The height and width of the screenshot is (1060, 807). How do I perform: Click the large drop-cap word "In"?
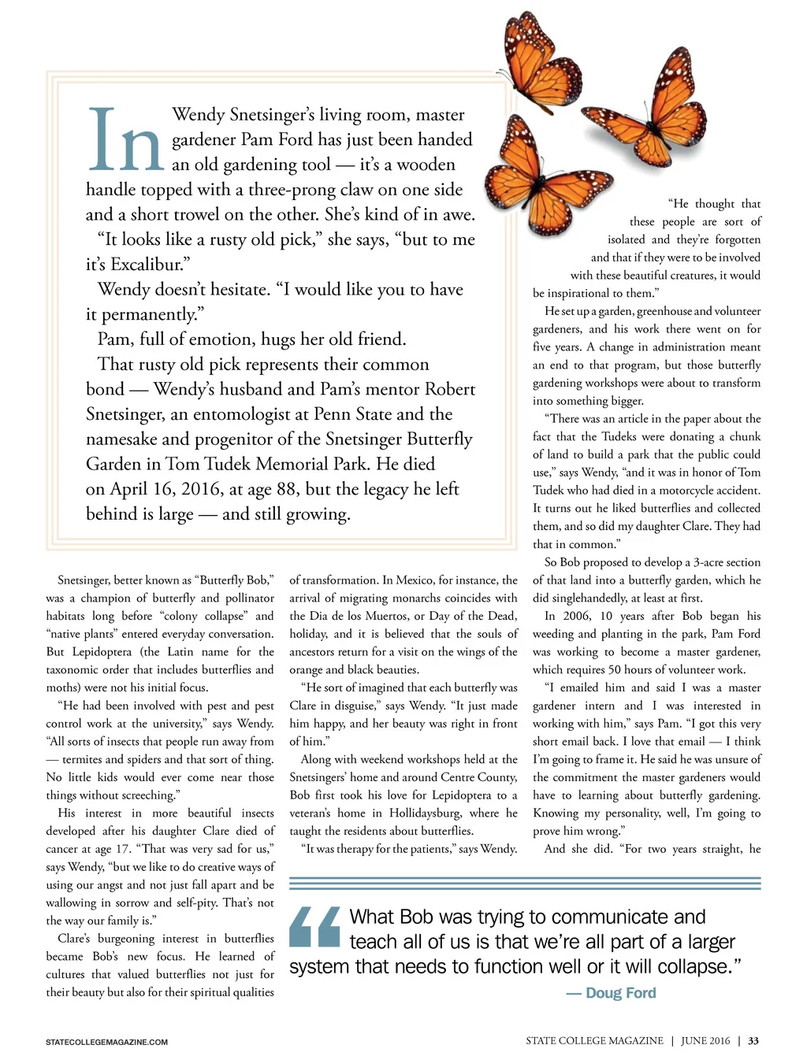[x=126, y=142]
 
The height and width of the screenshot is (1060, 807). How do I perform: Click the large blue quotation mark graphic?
[x=315, y=927]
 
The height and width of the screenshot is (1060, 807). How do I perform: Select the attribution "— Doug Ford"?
[x=611, y=993]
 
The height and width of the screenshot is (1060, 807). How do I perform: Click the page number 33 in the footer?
[x=753, y=1041]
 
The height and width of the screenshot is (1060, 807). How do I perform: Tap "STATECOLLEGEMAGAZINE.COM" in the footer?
[x=106, y=1042]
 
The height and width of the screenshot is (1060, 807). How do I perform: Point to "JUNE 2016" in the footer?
[x=705, y=1041]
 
